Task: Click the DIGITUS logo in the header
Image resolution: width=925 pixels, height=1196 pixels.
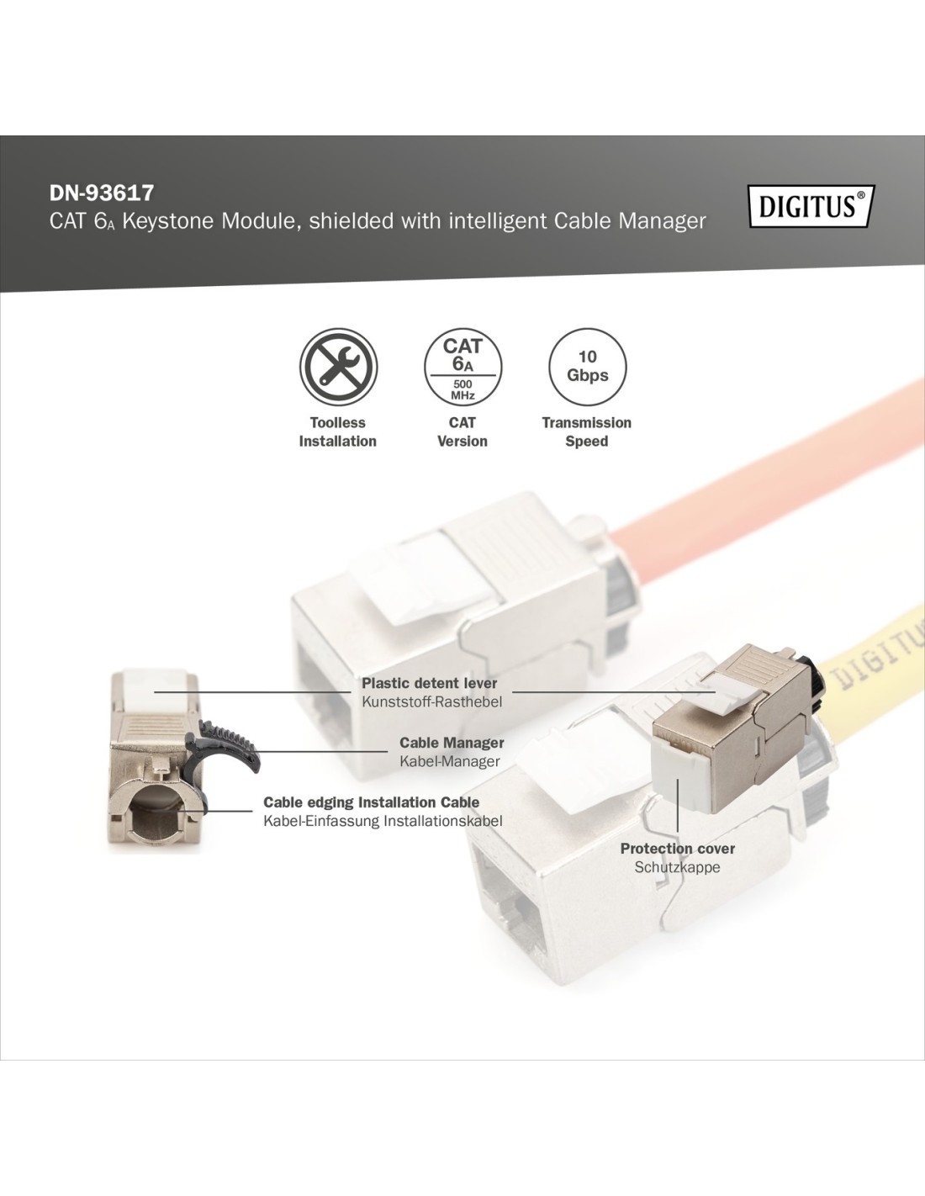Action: click(x=811, y=206)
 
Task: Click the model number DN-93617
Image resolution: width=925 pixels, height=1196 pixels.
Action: click(x=102, y=193)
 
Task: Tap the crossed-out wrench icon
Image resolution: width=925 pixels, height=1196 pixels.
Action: click(x=338, y=367)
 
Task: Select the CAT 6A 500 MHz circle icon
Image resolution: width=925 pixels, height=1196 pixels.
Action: click(x=462, y=367)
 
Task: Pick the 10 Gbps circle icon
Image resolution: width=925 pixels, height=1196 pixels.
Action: click(x=587, y=367)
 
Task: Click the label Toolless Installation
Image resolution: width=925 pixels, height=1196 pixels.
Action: click(x=338, y=432)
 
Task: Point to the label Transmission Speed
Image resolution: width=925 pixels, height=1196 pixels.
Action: click(x=587, y=432)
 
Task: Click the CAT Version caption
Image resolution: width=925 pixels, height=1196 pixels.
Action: click(x=462, y=432)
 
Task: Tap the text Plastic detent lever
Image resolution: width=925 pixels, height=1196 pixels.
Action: click(x=429, y=683)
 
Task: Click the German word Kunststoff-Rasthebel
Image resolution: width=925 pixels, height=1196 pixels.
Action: click(x=432, y=702)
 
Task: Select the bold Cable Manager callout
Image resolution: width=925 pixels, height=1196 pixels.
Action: click(x=452, y=743)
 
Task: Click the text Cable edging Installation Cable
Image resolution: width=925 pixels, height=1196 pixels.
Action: click(x=372, y=802)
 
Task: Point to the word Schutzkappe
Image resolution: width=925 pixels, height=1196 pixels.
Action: click(x=678, y=867)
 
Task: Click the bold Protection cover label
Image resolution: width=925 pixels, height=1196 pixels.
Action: click(x=678, y=849)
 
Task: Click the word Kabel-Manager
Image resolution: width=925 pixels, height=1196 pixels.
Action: click(x=450, y=762)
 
